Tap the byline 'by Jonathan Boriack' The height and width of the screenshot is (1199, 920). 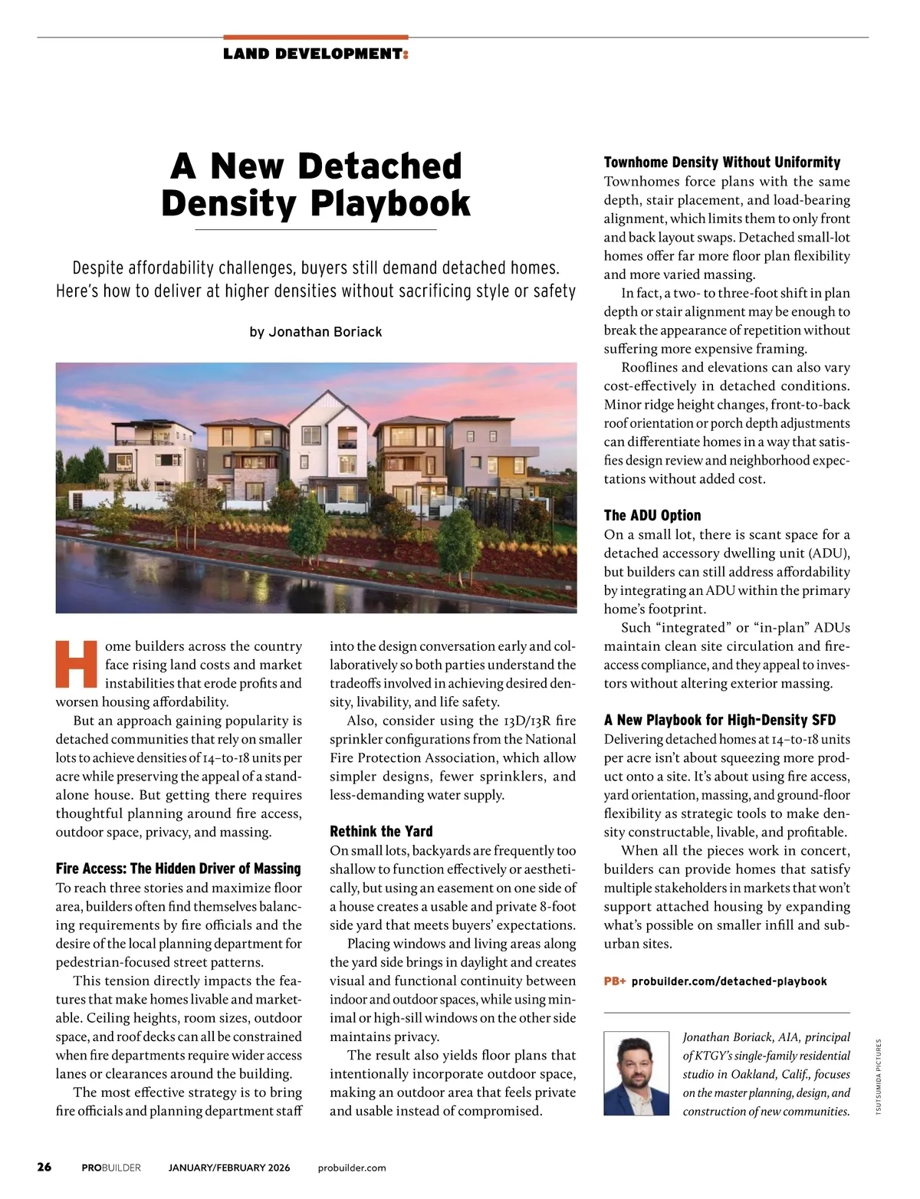coord(315,332)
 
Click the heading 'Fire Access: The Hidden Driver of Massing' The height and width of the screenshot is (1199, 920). coord(178,869)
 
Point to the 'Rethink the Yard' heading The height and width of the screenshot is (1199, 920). coord(381,831)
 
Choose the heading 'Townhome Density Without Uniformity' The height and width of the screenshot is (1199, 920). coord(721,162)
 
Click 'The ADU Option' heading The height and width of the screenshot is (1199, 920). coord(652,515)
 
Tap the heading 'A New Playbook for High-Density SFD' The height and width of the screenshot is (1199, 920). coord(719,720)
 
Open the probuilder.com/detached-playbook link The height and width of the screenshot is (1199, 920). coord(729,981)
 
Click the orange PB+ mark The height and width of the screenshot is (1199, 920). coord(615,981)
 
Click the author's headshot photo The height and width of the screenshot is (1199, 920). coord(636,1073)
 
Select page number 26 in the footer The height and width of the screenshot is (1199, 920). coord(44,1167)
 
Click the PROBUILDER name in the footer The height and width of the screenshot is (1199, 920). coord(111,1168)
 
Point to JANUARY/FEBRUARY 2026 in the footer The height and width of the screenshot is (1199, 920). coord(229,1168)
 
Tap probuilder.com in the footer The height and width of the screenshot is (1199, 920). coord(352,1168)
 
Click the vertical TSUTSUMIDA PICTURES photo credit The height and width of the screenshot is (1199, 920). coord(879,1077)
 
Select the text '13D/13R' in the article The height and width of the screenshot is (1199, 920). coord(528,721)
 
